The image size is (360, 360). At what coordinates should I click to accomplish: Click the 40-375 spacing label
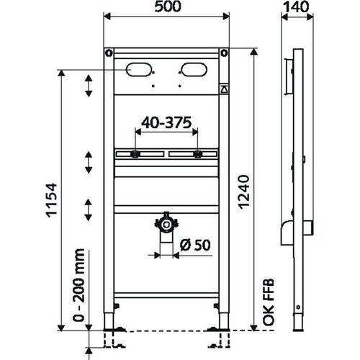tap(166, 122)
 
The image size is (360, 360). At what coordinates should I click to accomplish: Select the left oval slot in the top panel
tap(140, 70)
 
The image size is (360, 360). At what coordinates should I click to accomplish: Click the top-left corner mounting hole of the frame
tap(109, 53)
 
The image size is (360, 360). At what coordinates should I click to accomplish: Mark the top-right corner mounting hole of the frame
tap(224, 53)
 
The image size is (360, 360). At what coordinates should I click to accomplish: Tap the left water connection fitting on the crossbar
tap(135, 153)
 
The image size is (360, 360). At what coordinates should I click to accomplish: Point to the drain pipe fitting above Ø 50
tap(166, 224)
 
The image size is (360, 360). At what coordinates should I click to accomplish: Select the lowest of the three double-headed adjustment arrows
tap(88, 210)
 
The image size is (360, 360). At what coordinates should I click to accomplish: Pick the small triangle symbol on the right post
tap(223, 90)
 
